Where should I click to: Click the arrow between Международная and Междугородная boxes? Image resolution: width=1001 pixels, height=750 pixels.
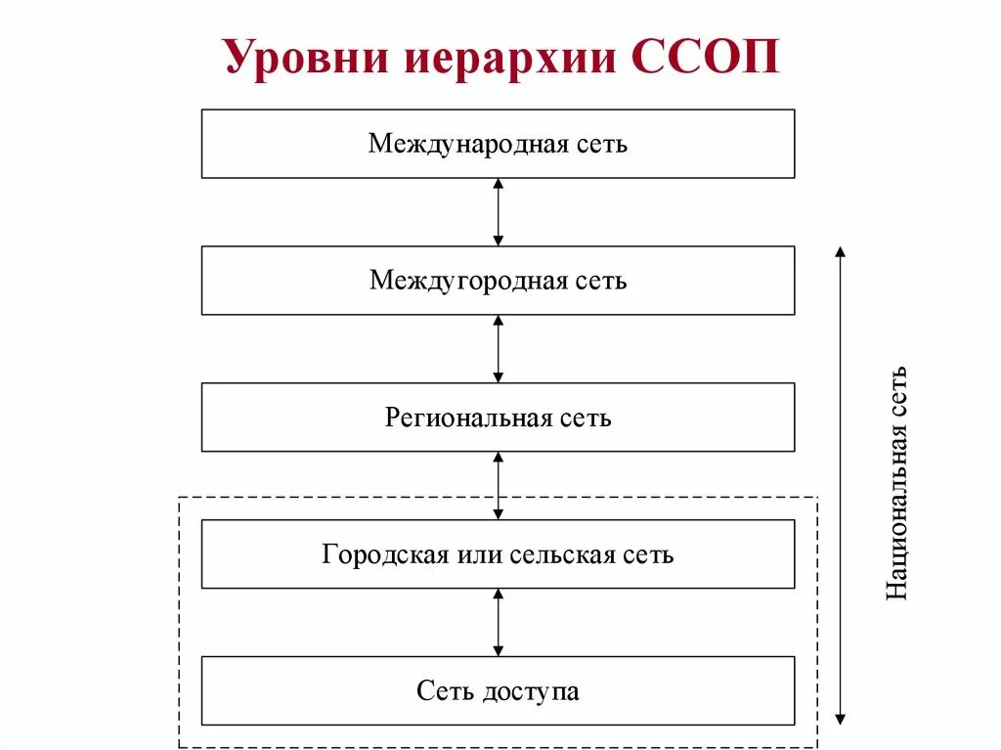[x=499, y=212]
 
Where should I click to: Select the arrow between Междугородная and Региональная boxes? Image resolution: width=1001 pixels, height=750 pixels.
[x=499, y=349]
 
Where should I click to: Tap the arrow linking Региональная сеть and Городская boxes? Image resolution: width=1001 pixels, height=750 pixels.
[x=499, y=485]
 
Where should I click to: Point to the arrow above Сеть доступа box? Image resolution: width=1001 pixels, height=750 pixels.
[x=499, y=622]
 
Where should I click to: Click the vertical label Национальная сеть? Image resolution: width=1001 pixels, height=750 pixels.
[x=896, y=483]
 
